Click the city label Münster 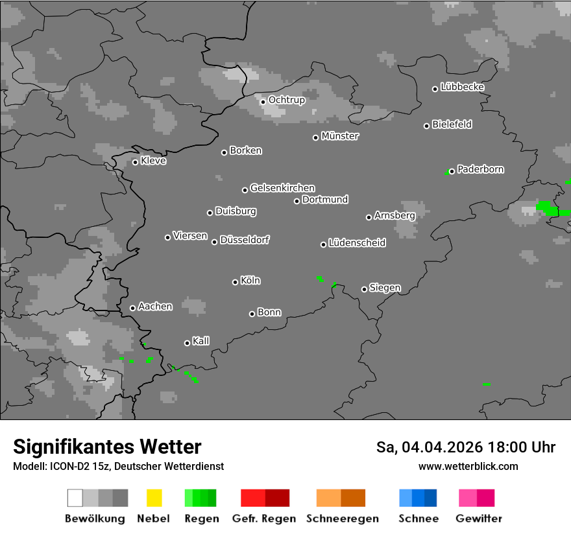340,136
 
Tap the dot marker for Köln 235,282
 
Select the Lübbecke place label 462,87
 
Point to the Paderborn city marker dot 452,171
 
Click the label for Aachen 155,307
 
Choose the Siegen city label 385,288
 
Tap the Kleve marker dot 135,162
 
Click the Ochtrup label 287,100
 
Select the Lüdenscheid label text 357,243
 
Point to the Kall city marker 187,343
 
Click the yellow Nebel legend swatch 154,498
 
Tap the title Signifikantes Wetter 107,447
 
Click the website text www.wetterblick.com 468,466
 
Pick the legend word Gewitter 478,519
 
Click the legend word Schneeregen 342,519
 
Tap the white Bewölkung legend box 75,498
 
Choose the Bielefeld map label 452,124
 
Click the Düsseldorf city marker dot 214,242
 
